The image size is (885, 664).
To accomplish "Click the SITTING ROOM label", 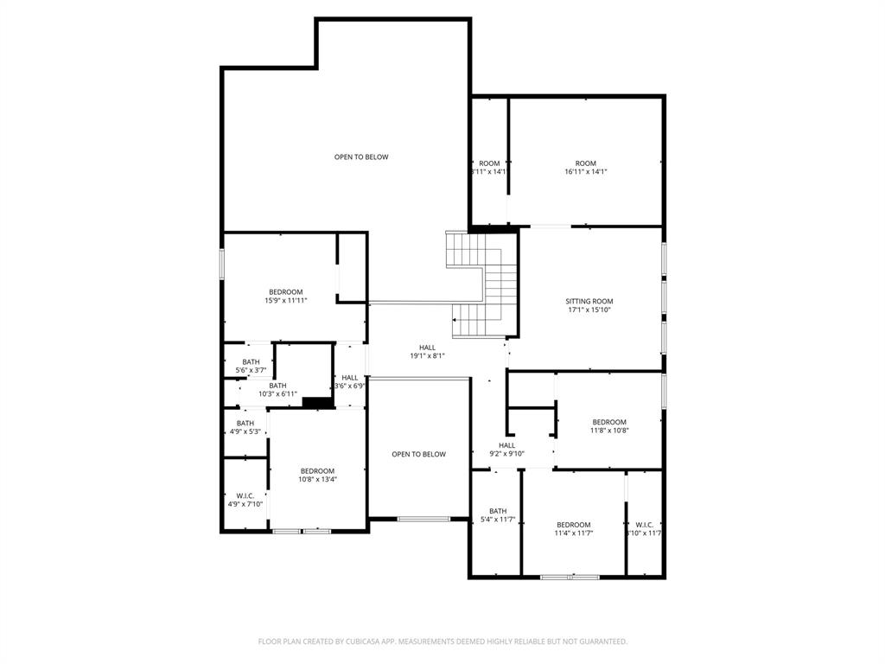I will [590, 301].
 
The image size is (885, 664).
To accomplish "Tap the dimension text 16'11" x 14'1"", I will [586, 172].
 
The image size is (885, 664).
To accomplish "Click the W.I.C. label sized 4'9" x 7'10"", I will [245, 495].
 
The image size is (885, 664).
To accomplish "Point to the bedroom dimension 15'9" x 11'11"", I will [286, 301].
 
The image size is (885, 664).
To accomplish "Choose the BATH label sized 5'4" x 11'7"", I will [498, 510].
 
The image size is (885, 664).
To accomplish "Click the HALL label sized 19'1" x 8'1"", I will [427, 347].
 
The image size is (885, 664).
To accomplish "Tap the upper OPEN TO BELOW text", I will [361, 156].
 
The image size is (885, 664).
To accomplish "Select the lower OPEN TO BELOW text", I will [418, 454].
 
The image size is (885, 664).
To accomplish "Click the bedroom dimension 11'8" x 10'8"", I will [609, 431].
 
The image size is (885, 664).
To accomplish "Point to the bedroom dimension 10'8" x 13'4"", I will [317, 479].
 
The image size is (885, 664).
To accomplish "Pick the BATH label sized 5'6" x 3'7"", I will [251, 361].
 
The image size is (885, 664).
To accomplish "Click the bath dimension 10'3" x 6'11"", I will [277, 394].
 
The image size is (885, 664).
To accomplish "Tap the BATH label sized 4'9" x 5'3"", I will [245, 423].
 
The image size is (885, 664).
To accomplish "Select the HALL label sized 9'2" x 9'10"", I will [506, 445].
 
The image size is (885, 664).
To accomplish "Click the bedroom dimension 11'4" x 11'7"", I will [574, 533].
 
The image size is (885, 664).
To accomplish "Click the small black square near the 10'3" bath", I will [318, 402].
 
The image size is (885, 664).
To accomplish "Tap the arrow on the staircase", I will [455, 321].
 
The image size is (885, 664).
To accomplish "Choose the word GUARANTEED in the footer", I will [601, 642].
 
